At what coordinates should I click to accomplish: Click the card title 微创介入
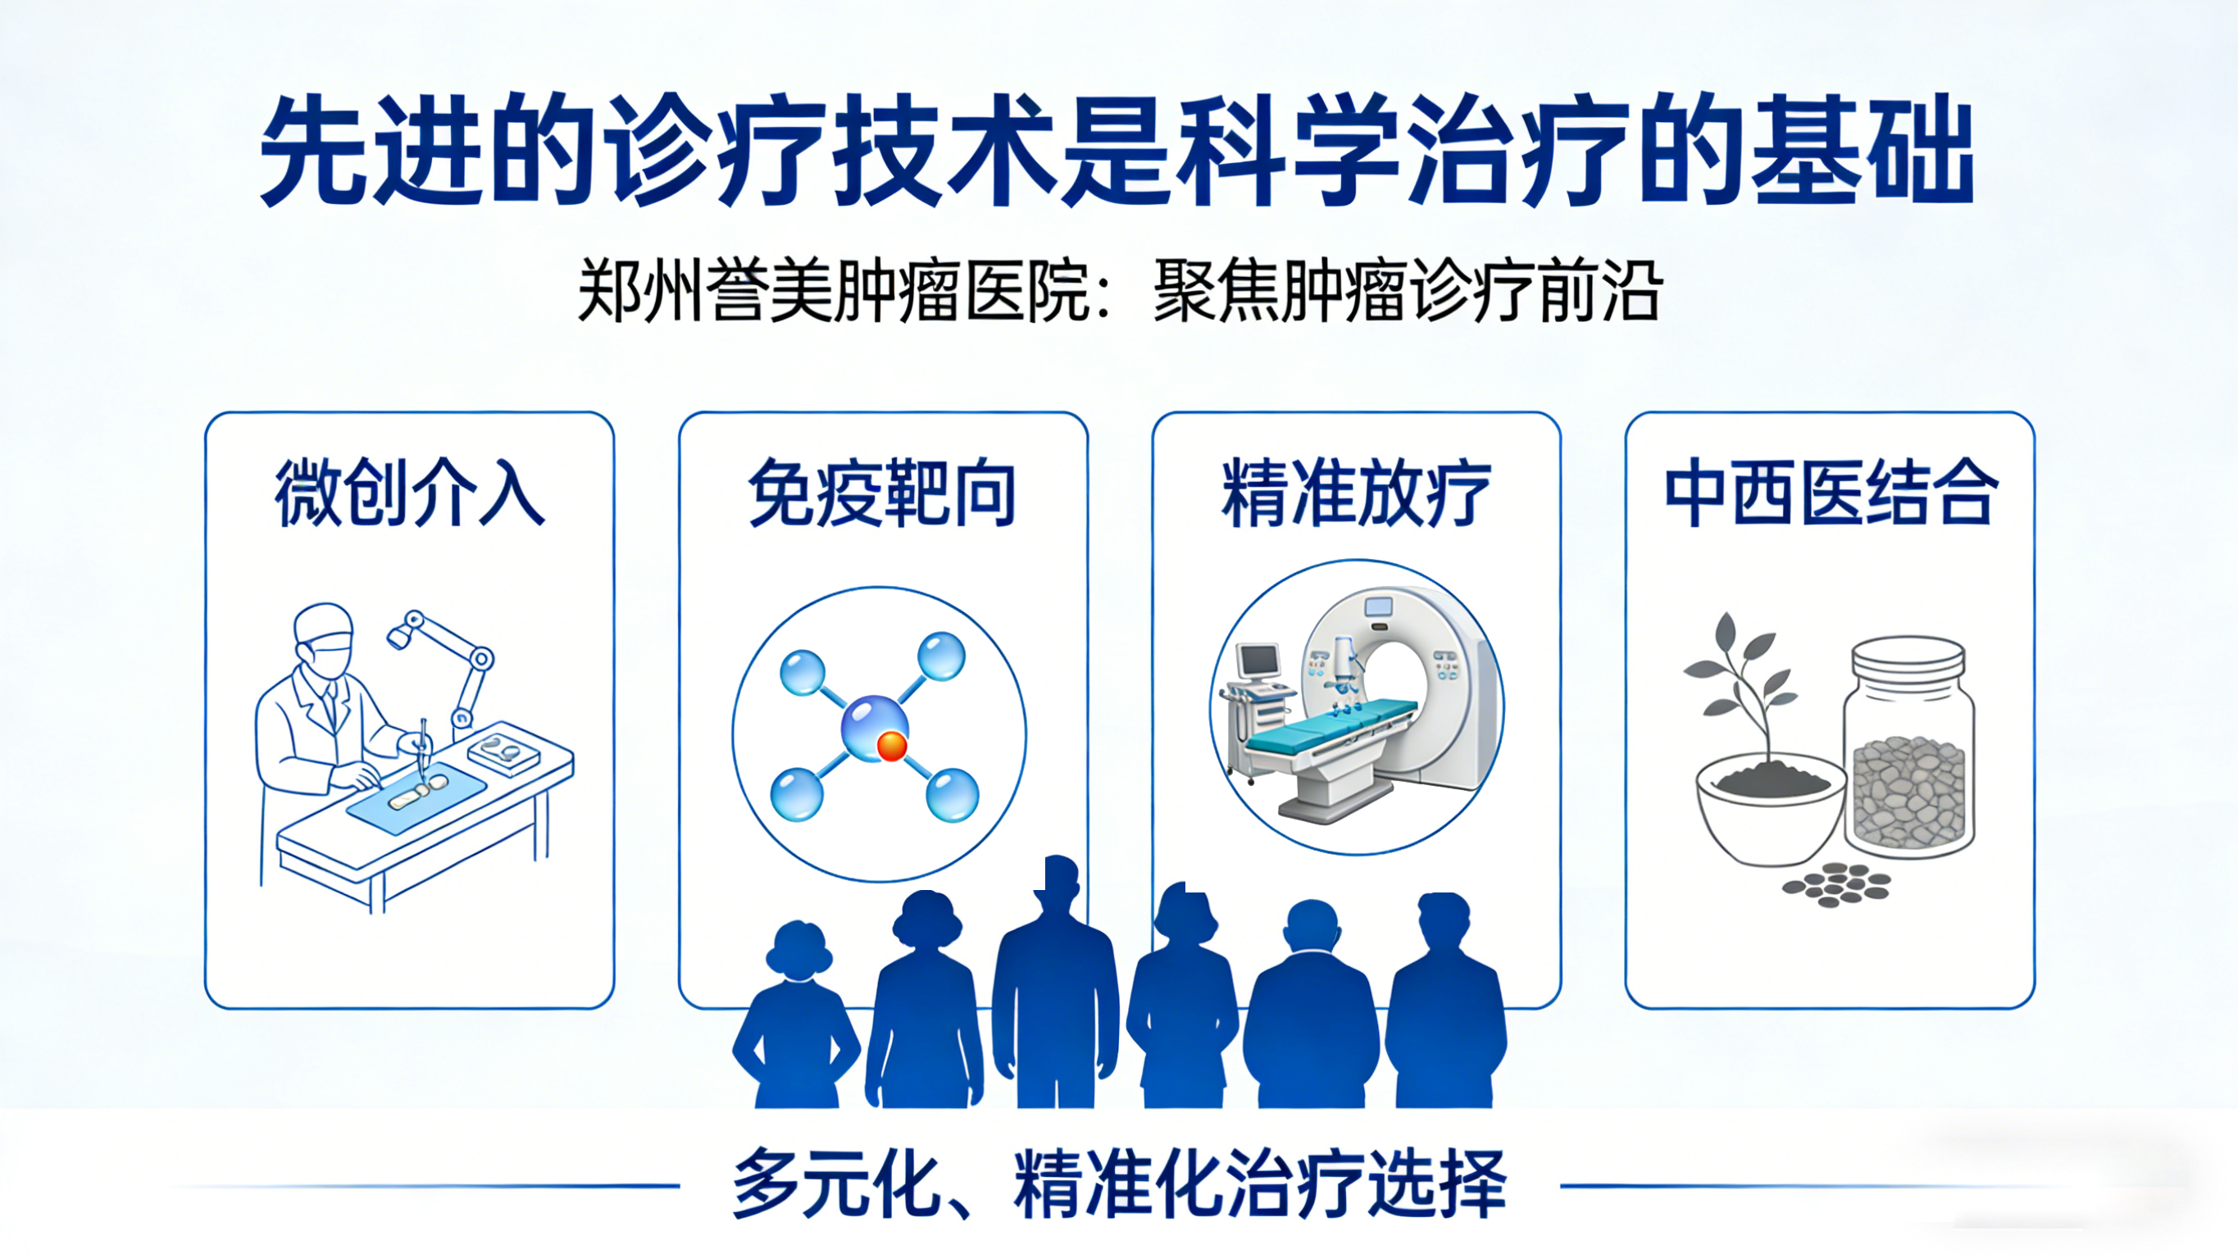pyautogui.click(x=409, y=493)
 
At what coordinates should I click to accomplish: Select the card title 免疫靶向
pyautogui.click(x=882, y=493)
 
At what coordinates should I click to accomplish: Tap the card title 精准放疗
pyautogui.click(x=1356, y=493)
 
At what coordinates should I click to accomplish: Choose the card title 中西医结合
pyautogui.click(x=1831, y=493)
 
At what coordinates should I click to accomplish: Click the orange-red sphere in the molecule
pyautogui.click(x=891, y=747)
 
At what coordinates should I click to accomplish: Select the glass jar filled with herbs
pyautogui.click(x=1908, y=748)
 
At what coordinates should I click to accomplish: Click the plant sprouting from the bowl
pyautogui.click(x=1739, y=686)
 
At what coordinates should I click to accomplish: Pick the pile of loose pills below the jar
pyautogui.click(x=1836, y=885)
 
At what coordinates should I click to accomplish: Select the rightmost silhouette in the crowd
pyautogui.click(x=1445, y=1001)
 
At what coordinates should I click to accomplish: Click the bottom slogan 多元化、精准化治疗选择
pyautogui.click(x=1119, y=1184)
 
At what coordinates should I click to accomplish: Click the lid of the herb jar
pyautogui.click(x=1908, y=655)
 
